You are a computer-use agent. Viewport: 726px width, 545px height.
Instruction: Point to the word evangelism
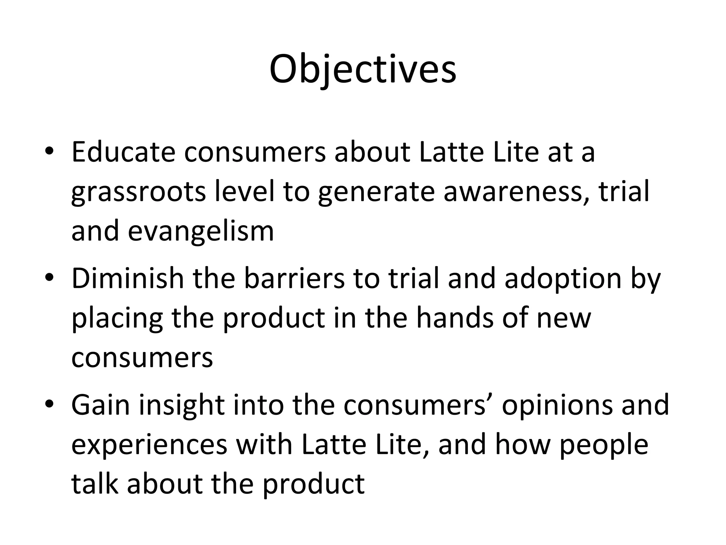201,231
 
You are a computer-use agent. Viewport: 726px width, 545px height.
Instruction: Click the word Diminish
128,278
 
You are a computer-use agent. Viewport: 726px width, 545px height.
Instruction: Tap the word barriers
294,278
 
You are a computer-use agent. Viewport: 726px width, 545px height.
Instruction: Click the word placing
117,319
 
